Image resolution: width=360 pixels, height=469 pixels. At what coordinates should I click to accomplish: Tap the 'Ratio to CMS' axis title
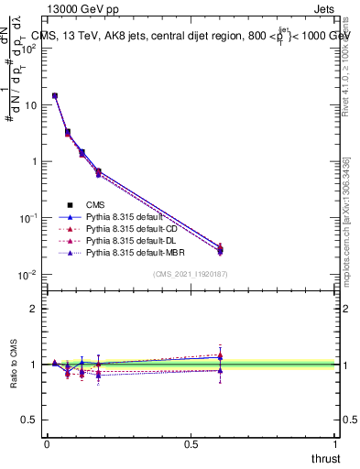tap(15, 365)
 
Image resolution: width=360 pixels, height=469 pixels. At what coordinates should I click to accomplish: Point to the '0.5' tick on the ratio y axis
tap(31, 420)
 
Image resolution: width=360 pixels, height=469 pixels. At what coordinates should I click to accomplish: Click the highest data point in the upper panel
tap(55, 95)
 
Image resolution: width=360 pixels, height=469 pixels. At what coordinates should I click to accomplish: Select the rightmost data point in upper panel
tap(220, 249)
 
